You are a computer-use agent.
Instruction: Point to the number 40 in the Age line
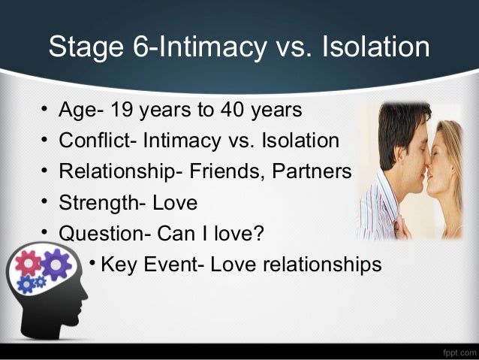[x=230, y=110]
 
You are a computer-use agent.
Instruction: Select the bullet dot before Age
[x=45, y=111]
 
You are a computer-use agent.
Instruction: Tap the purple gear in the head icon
[x=55, y=265]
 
